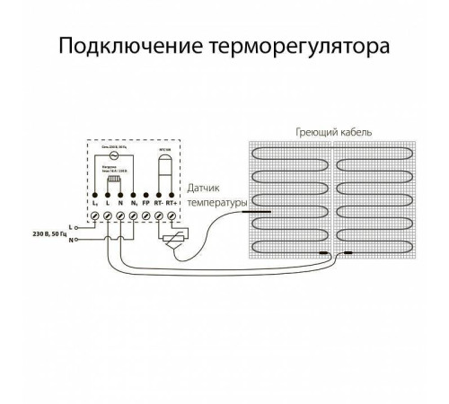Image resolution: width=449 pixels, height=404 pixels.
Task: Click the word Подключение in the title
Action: [119, 45]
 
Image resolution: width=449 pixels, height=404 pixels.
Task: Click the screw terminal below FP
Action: [145, 218]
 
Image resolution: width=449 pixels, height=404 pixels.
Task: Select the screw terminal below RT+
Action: [171, 218]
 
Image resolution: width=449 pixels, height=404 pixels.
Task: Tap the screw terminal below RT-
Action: [158, 218]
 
